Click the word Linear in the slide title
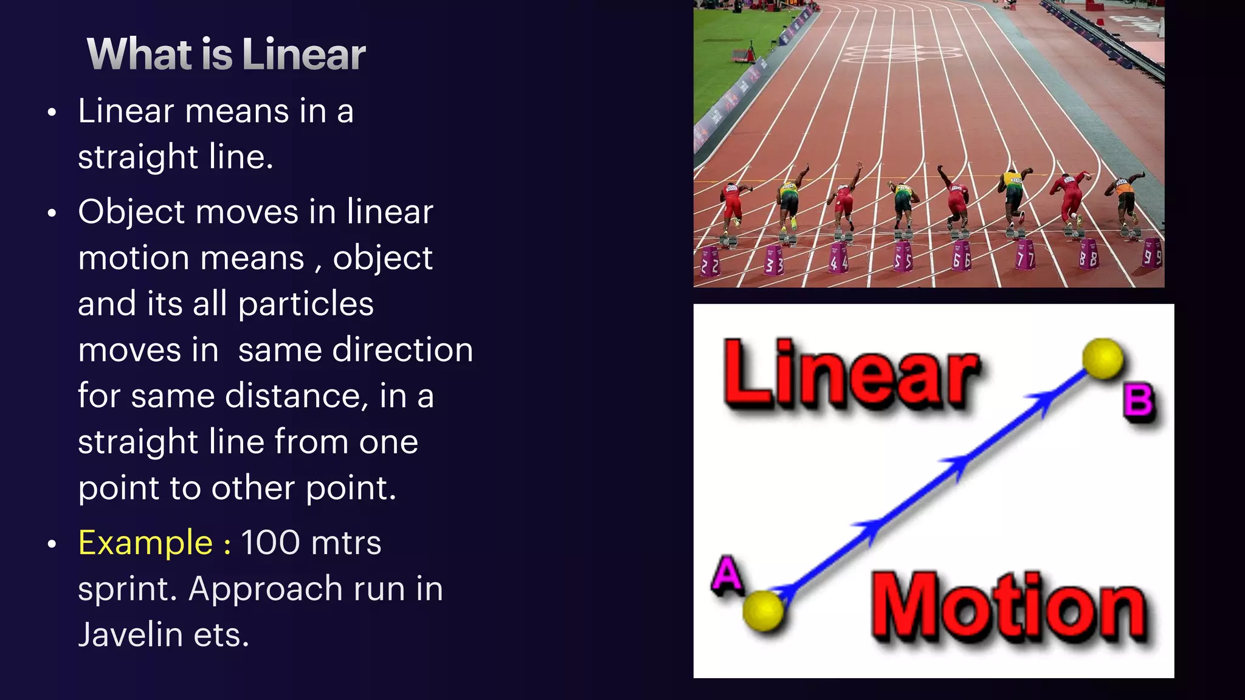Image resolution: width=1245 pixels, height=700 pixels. click(x=303, y=55)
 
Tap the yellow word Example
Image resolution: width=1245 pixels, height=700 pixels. click(x=145, y=543)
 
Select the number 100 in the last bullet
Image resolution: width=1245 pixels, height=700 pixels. click(x=270, y=543)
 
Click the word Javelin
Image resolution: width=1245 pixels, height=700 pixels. click(x=130, y=635)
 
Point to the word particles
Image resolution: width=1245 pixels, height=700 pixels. click(x=306, y=304)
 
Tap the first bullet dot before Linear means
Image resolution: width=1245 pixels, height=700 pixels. click(x=52, y=112)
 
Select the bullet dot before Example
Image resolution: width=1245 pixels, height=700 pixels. click(x=52, y=544)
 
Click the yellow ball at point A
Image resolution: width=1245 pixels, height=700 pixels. click(x=763, y=610)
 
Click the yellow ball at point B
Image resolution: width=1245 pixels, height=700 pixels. click(x=1103, y=359)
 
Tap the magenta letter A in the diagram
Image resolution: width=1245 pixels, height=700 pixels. click(x=727, y=574)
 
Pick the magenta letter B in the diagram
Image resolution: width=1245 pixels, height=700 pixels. click(x=1139, y=401)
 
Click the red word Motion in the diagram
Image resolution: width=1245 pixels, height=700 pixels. click(x=1009, y=608)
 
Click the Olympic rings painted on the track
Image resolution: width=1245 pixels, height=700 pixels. click(x=902, y=53)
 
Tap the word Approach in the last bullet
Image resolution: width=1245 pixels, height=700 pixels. click(x=266, y=589)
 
